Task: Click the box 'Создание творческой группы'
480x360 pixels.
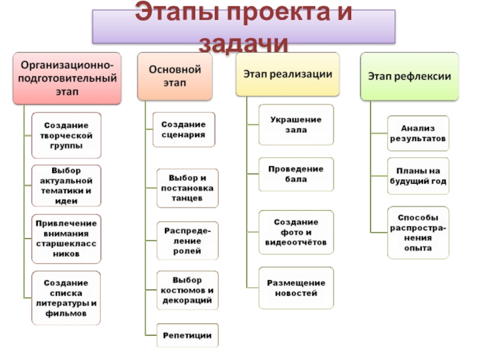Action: tap(67, 136)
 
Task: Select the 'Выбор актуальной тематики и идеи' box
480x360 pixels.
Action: tap(67, 185)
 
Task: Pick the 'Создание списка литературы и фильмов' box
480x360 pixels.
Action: tap(67, 298)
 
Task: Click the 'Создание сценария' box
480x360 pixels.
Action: tap(184, 130)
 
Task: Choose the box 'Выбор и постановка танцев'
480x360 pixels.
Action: tap(188, 188)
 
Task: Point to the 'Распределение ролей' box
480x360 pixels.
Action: tap(188, 241)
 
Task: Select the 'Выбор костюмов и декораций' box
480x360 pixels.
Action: tap(188, 290)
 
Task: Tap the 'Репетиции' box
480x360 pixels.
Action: tap(188, 335)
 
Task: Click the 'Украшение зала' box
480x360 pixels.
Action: tap(296, 125)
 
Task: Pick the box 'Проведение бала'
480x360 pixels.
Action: tap(296, 174)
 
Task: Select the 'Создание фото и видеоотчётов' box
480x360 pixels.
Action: tap(296, 232)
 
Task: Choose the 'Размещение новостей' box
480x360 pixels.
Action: tap(296, 288)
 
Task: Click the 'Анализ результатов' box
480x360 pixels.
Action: tap(418, 133)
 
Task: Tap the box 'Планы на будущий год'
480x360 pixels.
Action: tap(418, 176)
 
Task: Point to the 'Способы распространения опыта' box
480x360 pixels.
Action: tap(418, 232)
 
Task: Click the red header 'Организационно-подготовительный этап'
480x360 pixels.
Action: tap(67, 77)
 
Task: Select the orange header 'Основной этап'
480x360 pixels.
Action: tap(175, 76)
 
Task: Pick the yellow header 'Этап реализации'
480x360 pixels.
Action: tap(287, 74)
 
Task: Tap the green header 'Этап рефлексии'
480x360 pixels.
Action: tap(409, 77)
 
